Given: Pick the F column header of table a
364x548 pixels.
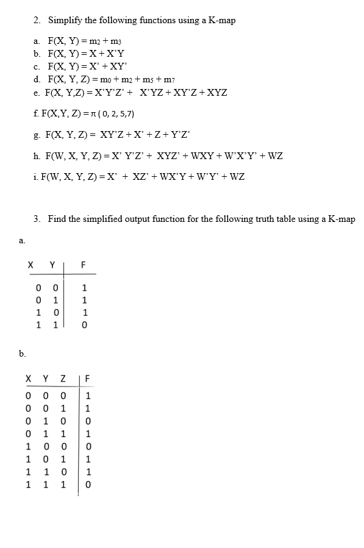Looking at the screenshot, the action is click(x=85, y=265).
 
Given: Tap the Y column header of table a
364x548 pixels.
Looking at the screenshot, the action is click(x=52, y=265).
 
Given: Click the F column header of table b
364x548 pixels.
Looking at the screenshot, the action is click(x=87, y=379).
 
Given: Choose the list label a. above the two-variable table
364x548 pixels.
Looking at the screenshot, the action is click(x=22, y=241).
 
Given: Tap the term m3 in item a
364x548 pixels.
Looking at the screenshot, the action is click(x=120, y=41).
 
